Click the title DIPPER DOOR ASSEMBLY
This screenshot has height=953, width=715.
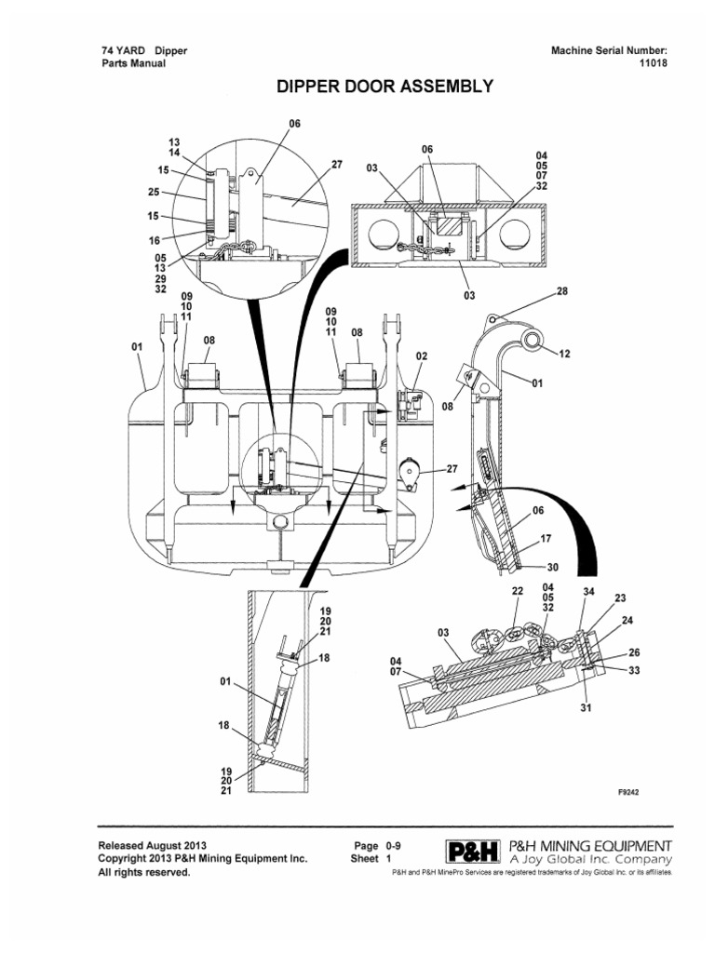point(384,88)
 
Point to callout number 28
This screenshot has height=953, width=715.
point(562,291)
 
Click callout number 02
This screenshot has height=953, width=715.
point(421,356)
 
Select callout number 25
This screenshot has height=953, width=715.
point(154,193)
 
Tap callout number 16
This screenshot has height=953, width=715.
point(154,239)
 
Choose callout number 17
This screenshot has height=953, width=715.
point(546,537)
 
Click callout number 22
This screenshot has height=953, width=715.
point(518,591)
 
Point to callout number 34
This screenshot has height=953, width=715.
point(587,591)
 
